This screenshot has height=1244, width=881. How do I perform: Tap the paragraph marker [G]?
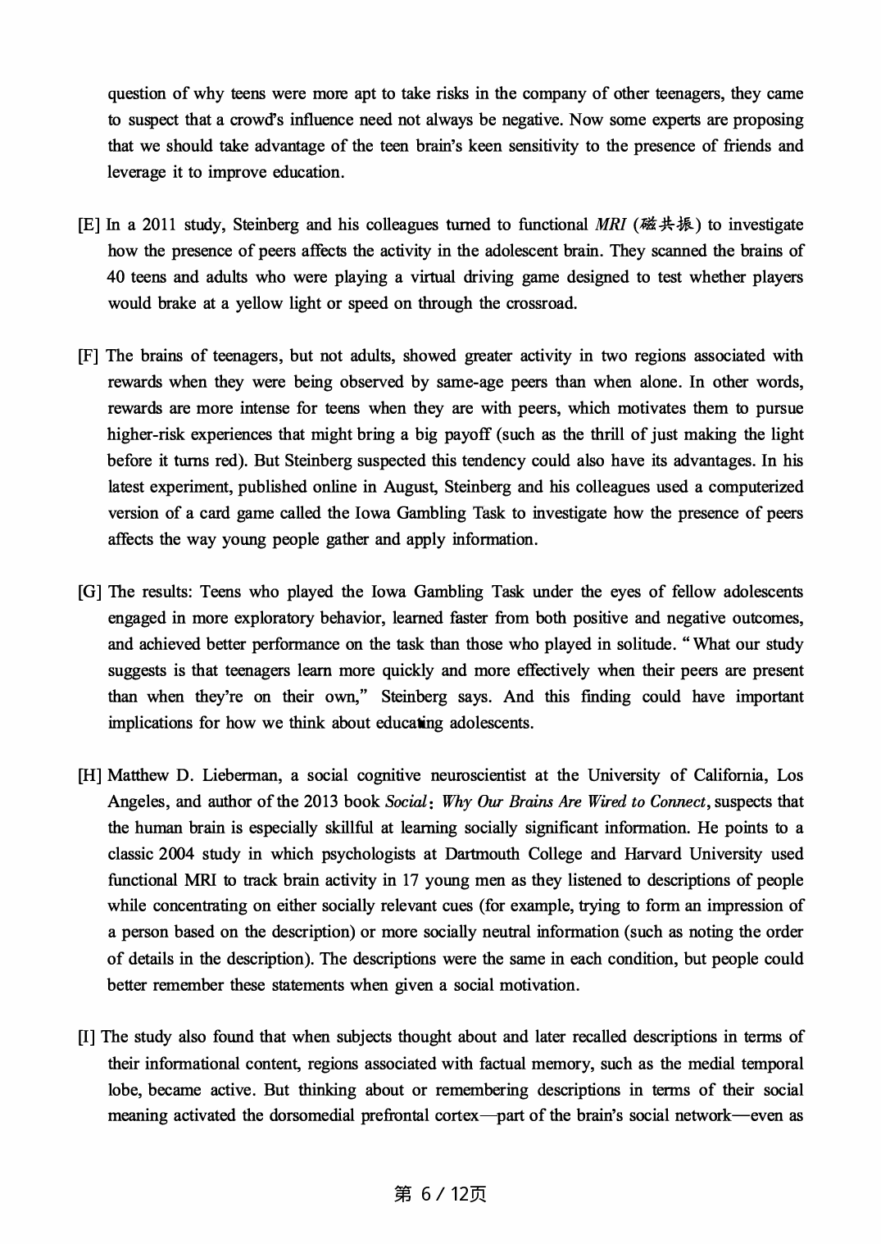[x=89, y=592]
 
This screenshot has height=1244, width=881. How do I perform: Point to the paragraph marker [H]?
[x=89, y=776]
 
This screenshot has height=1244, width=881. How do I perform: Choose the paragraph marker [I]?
[x=87, y=1037]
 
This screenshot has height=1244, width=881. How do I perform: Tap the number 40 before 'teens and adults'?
[x=116, y=278]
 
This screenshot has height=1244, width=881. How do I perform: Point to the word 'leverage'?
[x=136, y=173]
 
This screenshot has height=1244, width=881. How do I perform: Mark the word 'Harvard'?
[x=652, y=855]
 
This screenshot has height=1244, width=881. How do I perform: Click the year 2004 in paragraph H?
[x=176, y=855]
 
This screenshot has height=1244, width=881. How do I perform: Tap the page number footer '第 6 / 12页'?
[x=440, y=1195]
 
